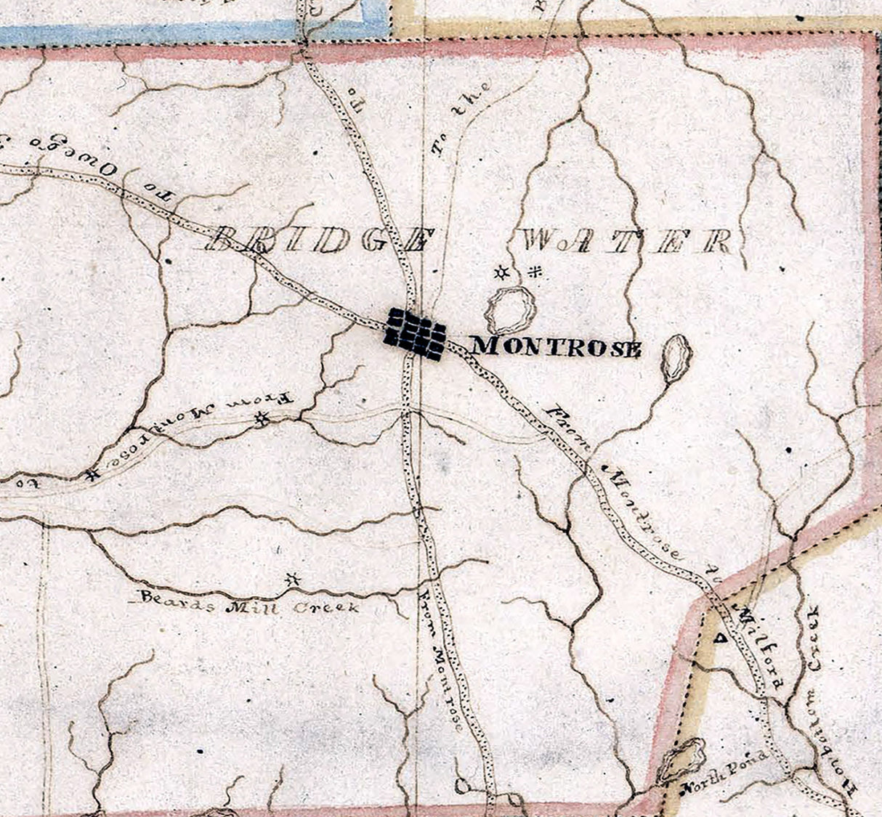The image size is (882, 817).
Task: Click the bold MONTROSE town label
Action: tap(557, 347)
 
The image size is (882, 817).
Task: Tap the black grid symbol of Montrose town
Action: tap(415, 333)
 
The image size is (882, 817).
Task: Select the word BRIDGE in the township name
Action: tap(320, 240)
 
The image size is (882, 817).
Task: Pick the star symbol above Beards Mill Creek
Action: tap(293, 580)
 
